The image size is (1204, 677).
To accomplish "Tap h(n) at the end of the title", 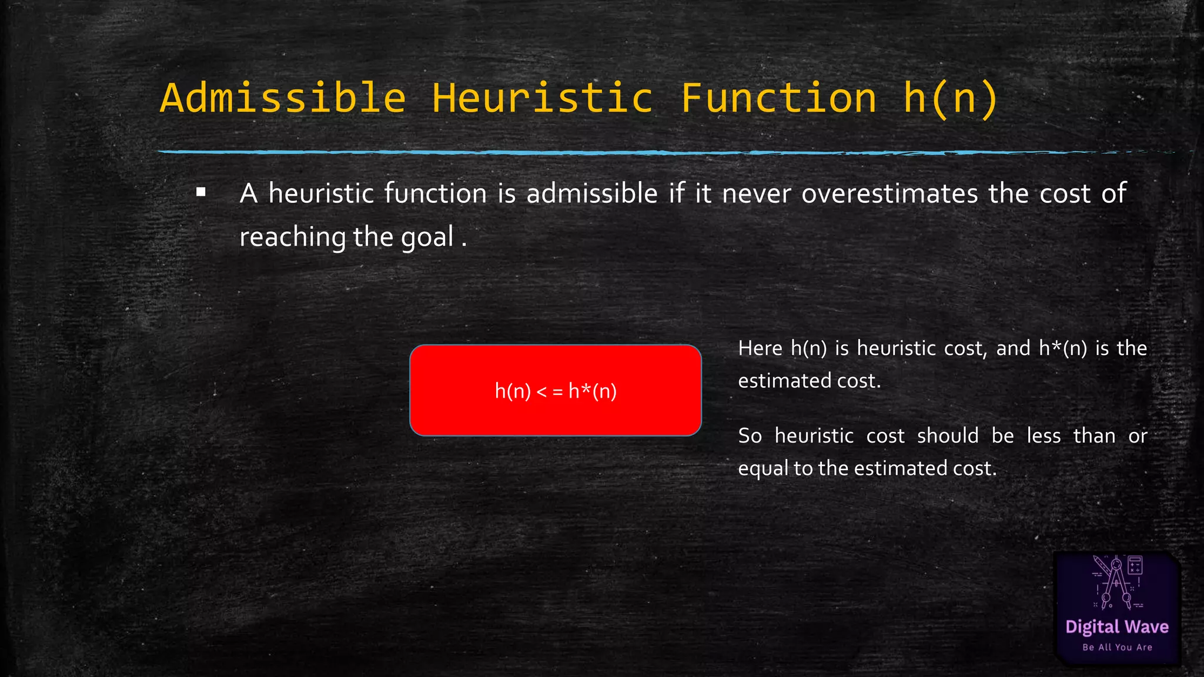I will coord(950,99).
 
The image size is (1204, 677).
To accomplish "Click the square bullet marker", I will coord(201,192).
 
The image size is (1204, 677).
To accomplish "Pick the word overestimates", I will coord(889,193).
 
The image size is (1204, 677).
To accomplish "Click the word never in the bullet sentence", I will coord(756,193).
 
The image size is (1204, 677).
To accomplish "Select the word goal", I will coord(427,238).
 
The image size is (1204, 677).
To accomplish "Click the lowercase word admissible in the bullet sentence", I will coord(592,193).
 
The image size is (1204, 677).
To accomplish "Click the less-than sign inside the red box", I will coord(541,391).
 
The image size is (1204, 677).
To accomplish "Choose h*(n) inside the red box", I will coord(593,391).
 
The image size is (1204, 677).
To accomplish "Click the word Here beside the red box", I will coord(760,348).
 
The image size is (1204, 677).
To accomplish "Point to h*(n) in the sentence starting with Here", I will coord(1063,348).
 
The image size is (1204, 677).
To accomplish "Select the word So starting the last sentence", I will coord(750,436).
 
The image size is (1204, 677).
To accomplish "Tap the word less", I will coord(1044,436).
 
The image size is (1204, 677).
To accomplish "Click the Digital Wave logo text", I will coord(1117,627).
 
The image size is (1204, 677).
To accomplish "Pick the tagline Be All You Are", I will coord(1117,648).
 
